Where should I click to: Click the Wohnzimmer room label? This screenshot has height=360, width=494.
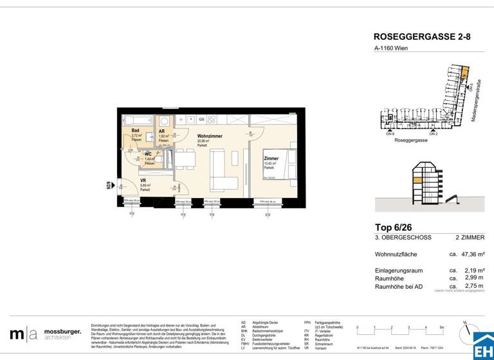pos(211,137)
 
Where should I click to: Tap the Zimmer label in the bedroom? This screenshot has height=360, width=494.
pos(271,158)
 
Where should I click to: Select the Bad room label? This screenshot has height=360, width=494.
pos(136,130)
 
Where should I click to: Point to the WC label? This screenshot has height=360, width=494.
pos(148,154)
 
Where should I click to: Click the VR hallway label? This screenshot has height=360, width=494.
pos(143,181)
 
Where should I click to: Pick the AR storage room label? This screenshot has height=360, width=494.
pos(162,131)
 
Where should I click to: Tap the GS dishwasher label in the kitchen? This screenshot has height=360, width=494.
pos(201,120)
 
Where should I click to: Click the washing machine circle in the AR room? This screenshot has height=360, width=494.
pos(164,121)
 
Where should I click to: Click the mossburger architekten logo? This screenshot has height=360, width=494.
pos(45,334)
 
